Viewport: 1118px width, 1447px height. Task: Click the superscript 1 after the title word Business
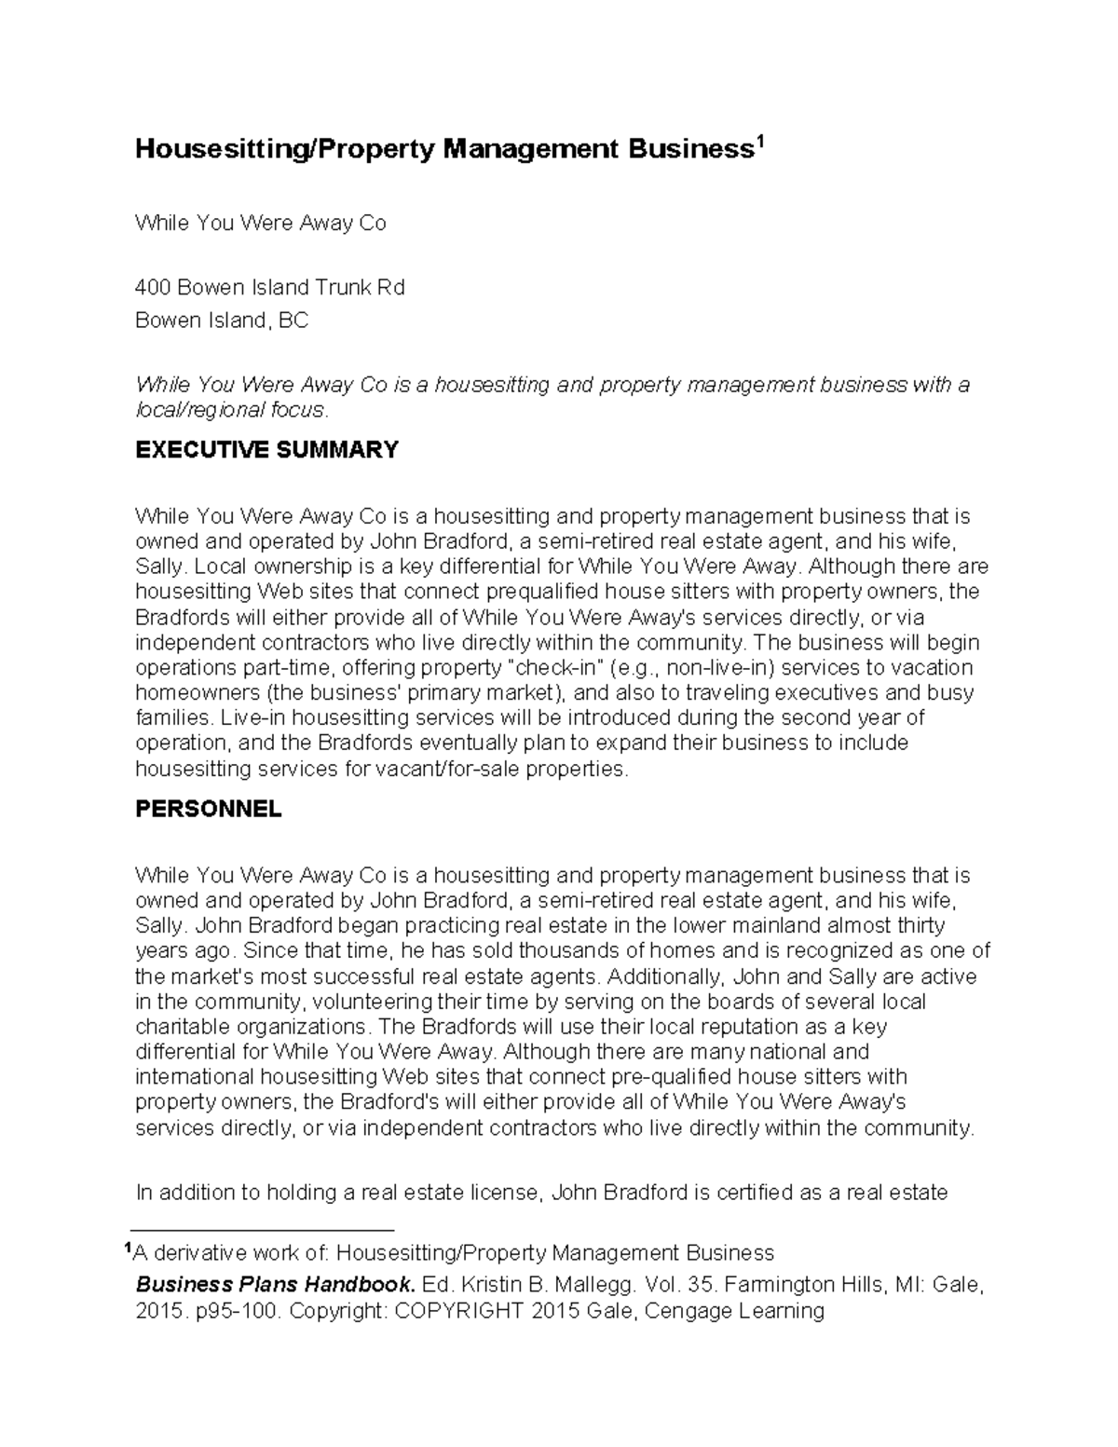pos(759,143)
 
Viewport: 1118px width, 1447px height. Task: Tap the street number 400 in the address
pos(153,288)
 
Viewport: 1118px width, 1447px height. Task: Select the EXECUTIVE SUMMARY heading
pos(266,450)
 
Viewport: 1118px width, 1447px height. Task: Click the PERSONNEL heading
pos(208,809)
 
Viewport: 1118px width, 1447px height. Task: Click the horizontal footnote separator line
pos(264,1229)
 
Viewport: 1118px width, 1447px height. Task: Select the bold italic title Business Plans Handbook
pos(276,1285)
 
